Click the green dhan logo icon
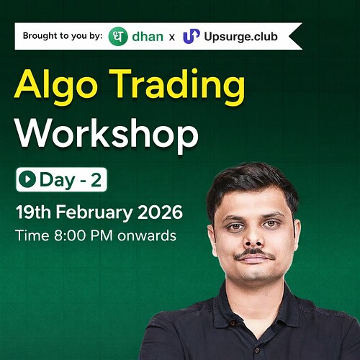coord(118,36)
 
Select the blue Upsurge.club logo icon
coord(191,36)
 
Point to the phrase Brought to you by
coord(61,36)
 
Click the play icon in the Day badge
coord(28,181)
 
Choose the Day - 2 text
coord(70,181)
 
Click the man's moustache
coord(254,255)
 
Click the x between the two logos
coord(170,37)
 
